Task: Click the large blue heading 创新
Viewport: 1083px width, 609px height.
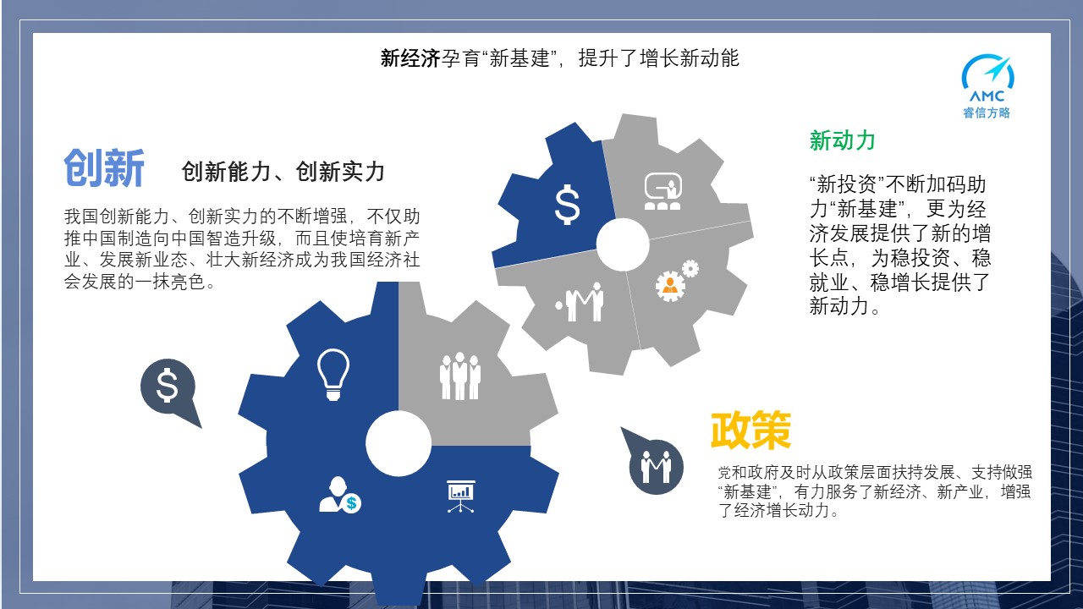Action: pyautogui.click(x=104, y=167)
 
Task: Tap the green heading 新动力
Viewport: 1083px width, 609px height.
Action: pyautogui.click(x=842, y=140)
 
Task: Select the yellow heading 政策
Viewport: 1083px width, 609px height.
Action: pyautogui.click(x=750, y=430)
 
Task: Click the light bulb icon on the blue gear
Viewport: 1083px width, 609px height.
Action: pyautogui.click(x=333, y=375)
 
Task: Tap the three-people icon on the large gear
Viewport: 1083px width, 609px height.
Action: pyautogui.click(x=459, y=376)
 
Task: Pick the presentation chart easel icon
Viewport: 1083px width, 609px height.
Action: pyautogui.click(x=460, y=497)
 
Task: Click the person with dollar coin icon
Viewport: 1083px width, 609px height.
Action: pyautogui.click(x=340, y=495)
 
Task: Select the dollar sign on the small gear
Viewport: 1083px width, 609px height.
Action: pyautogui.click(x=567, y=205)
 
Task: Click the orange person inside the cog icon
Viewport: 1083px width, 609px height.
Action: pyautogui.click(x=669, y=286)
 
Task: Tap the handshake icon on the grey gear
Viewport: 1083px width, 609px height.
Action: pyautogui.click(x=580, y=302)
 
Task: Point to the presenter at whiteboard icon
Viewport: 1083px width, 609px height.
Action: pyautogui.click(x=662, y=191)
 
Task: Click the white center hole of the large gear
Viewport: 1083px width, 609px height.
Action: pyautogui.click(x=399, y=444)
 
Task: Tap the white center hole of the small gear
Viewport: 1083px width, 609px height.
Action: pyautogui.click(x=623, y=244)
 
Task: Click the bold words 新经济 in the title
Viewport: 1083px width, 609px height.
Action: pyautogui.click(x=410, y=58)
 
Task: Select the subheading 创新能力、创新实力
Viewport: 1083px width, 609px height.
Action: pyautogui.click(x=283, y=172)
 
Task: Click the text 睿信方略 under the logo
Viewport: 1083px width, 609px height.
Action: pyautogui.click(x=987, y=112)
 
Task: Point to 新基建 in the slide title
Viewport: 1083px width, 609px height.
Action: pyautogui.click(x=520, y=58)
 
